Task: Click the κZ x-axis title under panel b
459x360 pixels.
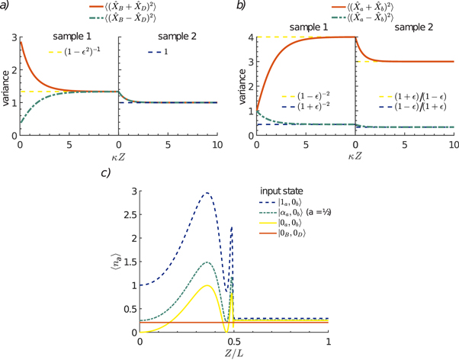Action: click(355, 155)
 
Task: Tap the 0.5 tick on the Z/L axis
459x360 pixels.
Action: click(234, 339)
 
